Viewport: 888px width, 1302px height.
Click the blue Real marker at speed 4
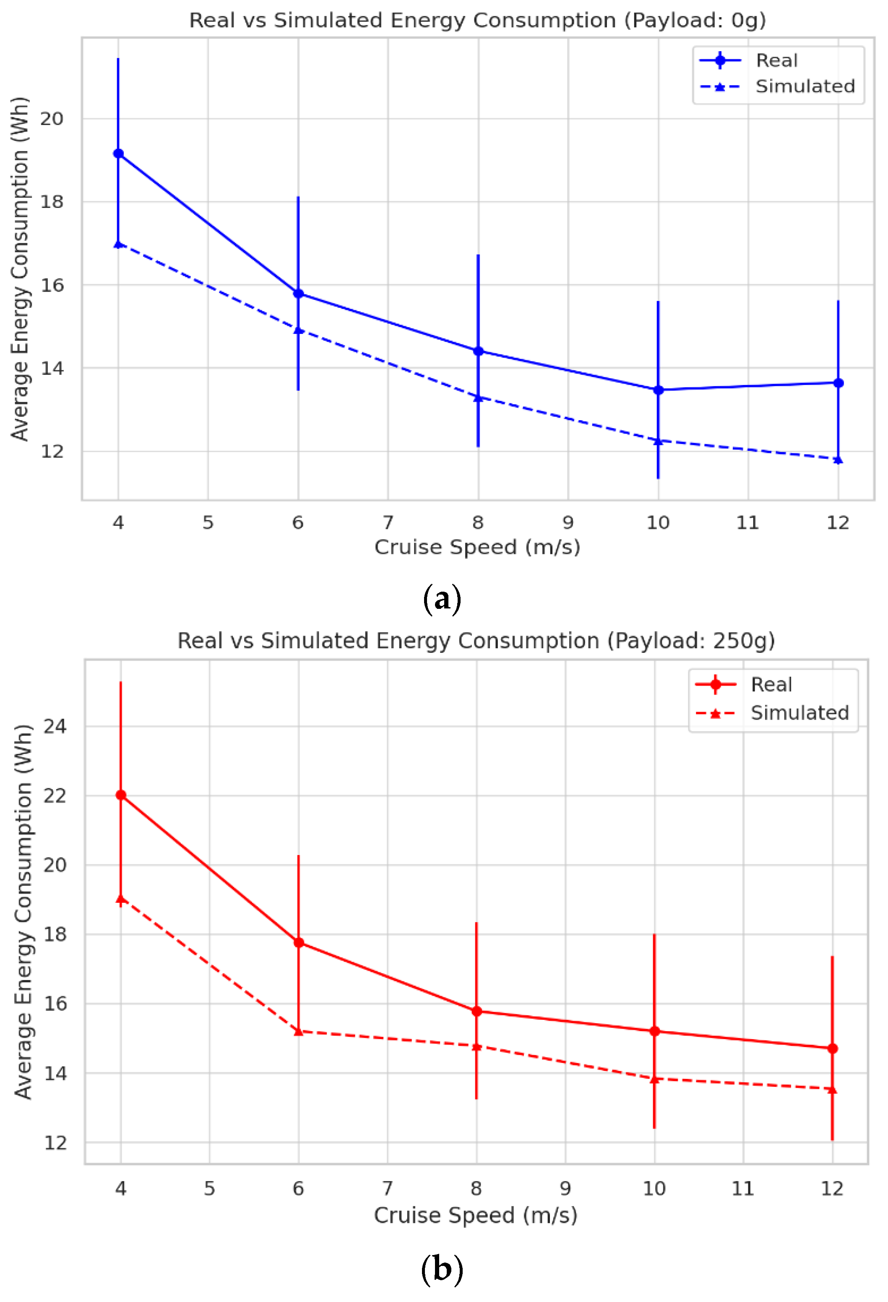118,153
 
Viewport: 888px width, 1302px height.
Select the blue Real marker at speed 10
658,390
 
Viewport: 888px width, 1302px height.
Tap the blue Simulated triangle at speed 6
299,330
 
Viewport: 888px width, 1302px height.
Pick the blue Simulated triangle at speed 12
838,460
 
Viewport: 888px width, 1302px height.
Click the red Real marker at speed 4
120,795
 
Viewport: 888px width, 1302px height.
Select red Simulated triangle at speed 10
654,1079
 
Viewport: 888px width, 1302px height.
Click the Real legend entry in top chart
776,60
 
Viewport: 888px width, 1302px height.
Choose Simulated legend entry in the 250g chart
799,713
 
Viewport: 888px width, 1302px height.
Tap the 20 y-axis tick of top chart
52,119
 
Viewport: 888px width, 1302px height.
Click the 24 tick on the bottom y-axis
55,727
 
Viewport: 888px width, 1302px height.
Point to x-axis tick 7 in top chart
388,523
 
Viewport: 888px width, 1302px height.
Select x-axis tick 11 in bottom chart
743,1188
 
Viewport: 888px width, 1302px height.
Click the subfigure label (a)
442,598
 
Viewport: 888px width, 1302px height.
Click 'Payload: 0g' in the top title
695,20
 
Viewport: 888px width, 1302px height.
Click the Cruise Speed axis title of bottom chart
475,1215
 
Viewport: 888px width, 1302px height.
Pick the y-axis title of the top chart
20,269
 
